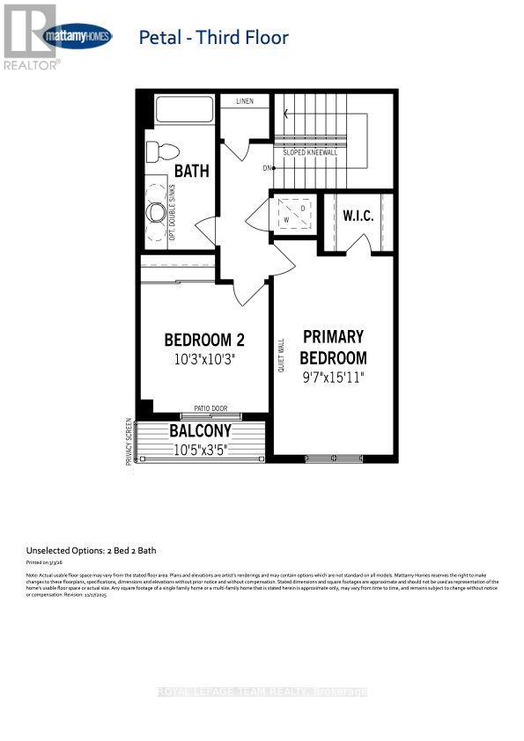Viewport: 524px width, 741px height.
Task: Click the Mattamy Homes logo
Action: coord(77,37)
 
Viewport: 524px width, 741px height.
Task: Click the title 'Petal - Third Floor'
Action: coord(214,37)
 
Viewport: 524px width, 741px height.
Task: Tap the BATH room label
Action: coord(191,171)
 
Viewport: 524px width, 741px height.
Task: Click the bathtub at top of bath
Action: coord(184,111)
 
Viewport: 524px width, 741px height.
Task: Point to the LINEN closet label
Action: coord(244,101)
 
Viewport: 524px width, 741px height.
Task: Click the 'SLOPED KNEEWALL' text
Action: coord(310,152)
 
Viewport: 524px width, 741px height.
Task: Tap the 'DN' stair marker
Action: coord(267,167)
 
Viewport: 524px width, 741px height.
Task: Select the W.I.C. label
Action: coord(359,215)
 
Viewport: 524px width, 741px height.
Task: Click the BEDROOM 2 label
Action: coord(204,341)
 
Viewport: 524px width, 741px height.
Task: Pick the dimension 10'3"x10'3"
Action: coord(204,360)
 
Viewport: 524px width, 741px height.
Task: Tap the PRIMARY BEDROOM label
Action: coord(333,348)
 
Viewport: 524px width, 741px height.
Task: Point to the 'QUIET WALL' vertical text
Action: coord(281,357)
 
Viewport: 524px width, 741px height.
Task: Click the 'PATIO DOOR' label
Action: coord(210,409)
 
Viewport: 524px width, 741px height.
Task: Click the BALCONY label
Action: coord(200,431)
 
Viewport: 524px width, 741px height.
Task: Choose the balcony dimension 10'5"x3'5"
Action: coord(200,450)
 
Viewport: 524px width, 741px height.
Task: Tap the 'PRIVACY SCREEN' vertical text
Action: coord(129,441)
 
